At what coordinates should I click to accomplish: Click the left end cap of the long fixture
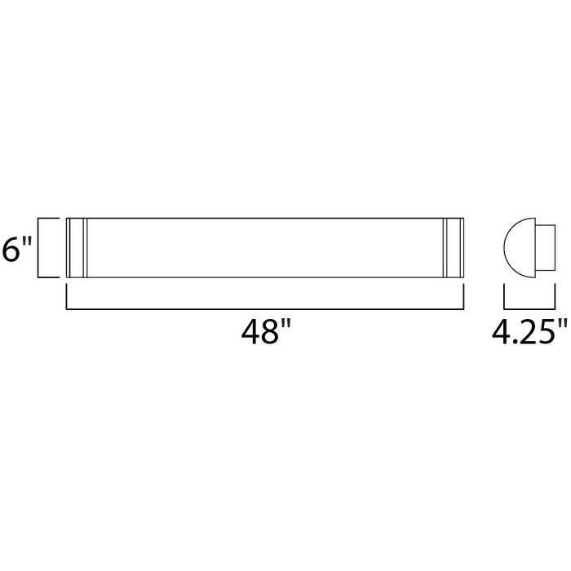(x=75, y=248)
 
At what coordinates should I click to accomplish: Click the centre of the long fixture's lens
(x=264, y=248)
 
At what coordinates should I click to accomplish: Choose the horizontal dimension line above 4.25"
(x=525, y=307)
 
